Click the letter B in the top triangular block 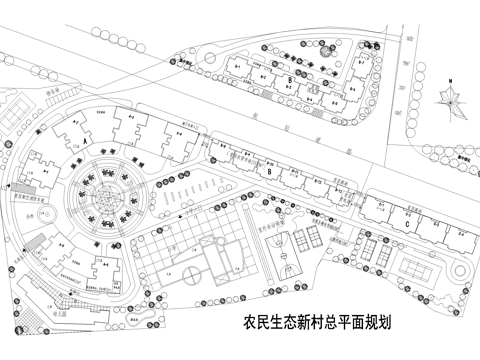pos(288,78)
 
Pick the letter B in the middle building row pos(270,171)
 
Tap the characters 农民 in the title pos(256,324)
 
